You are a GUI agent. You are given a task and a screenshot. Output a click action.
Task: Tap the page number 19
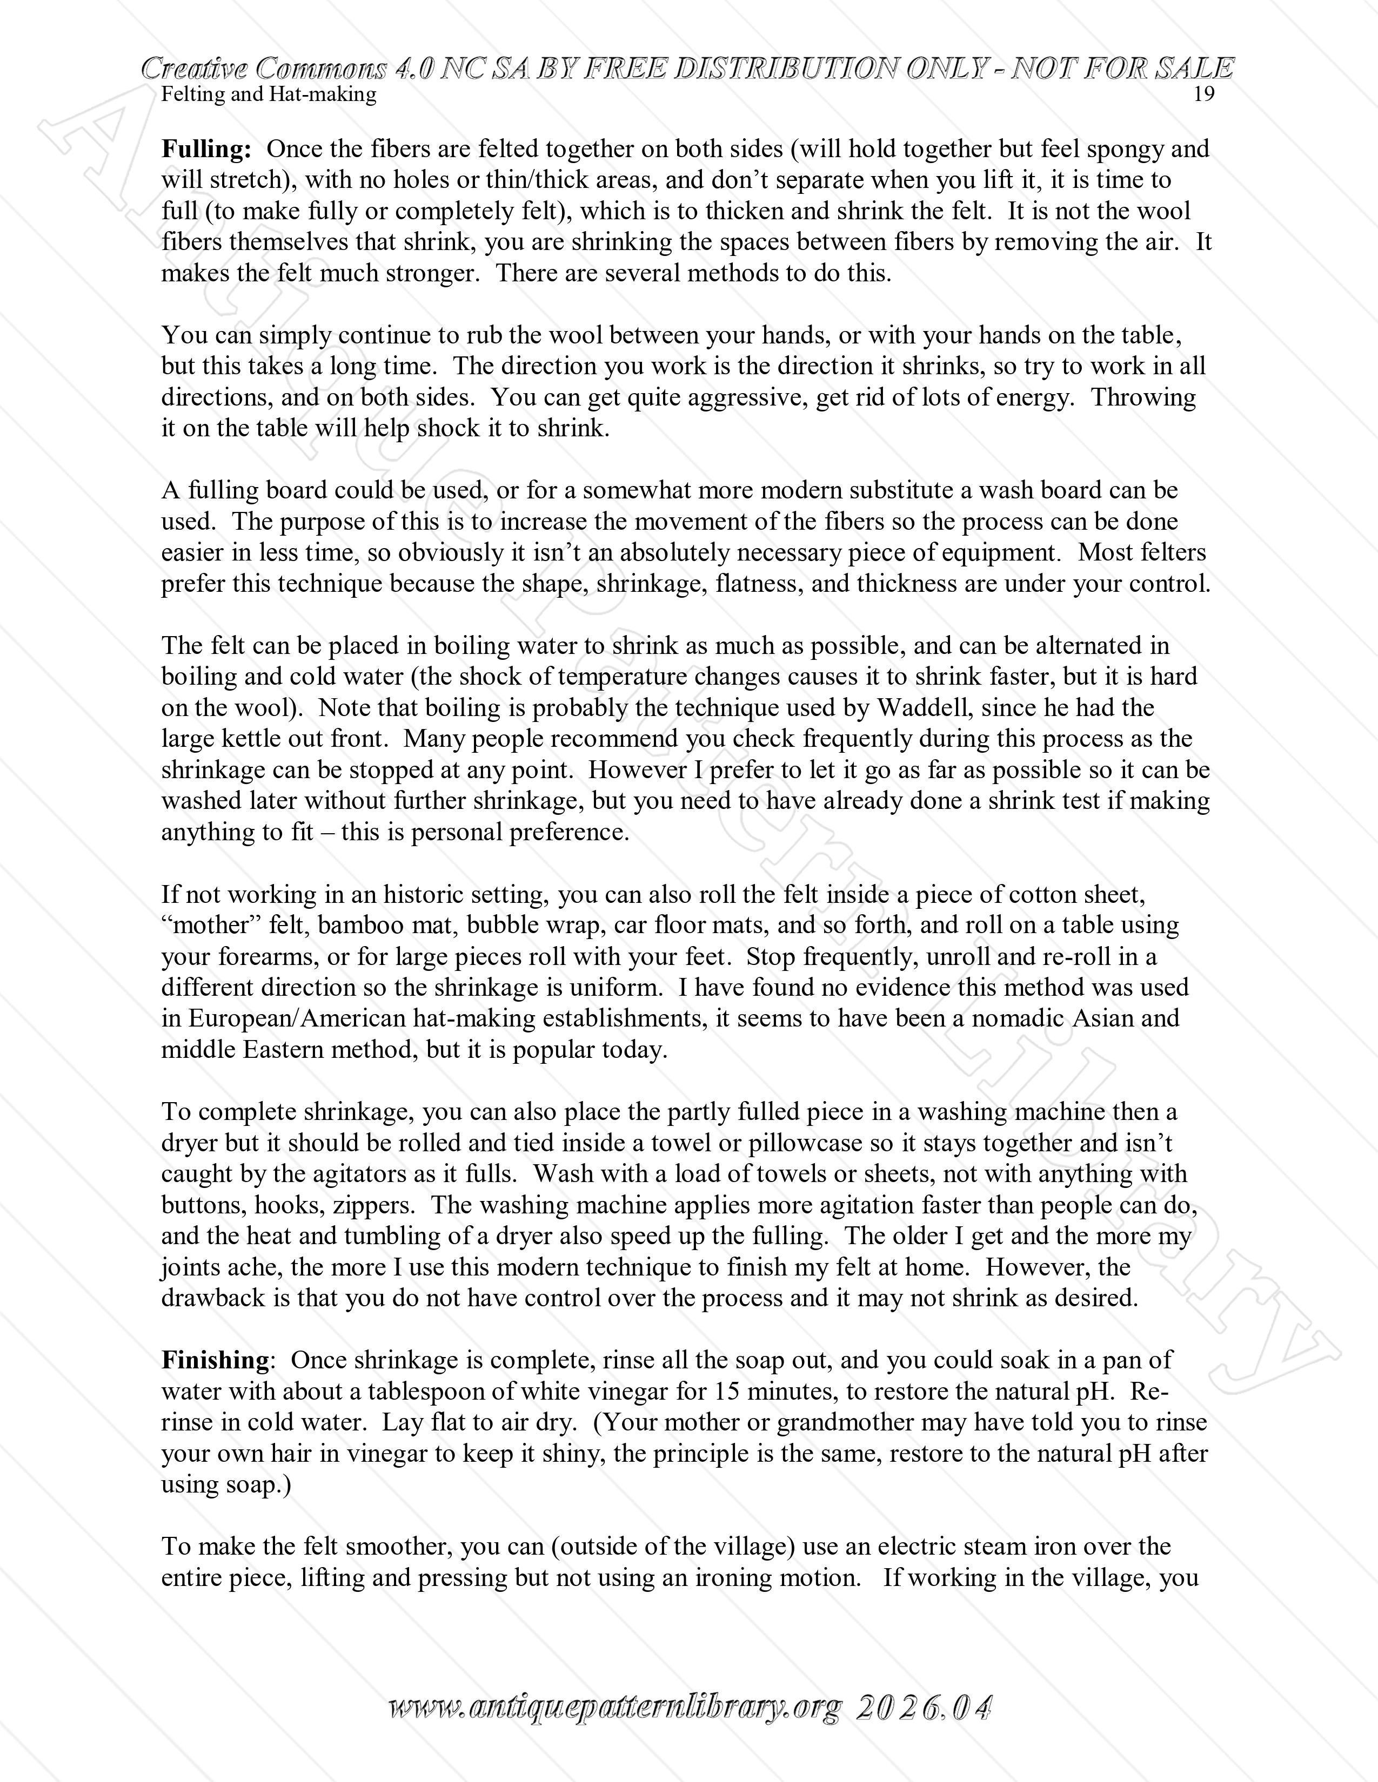1203,94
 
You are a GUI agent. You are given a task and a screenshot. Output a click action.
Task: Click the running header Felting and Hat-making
269,94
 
